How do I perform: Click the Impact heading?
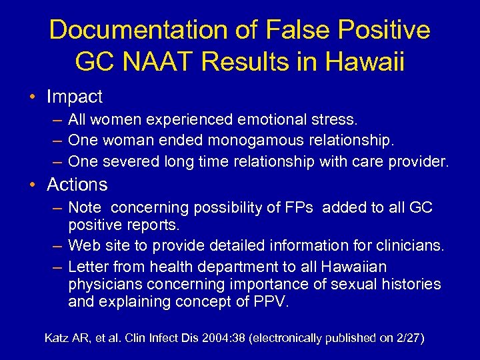[x=75, y=97]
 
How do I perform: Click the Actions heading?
[x=77, y=184]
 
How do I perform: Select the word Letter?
[x=89, y=267]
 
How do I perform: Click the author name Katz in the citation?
[x=58, y=338]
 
